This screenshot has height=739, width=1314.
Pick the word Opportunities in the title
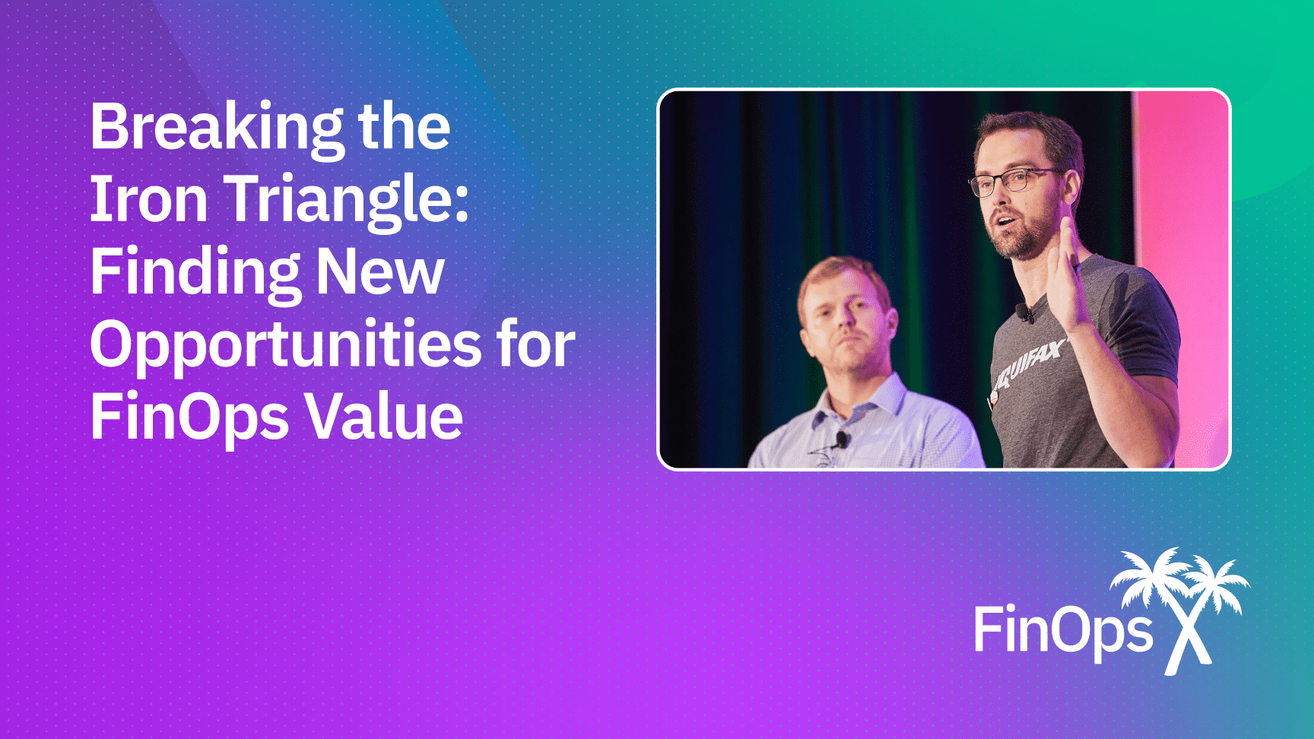coord(286,347)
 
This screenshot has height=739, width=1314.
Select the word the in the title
coord(405,126)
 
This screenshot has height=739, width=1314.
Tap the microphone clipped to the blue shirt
coord(841,439)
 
